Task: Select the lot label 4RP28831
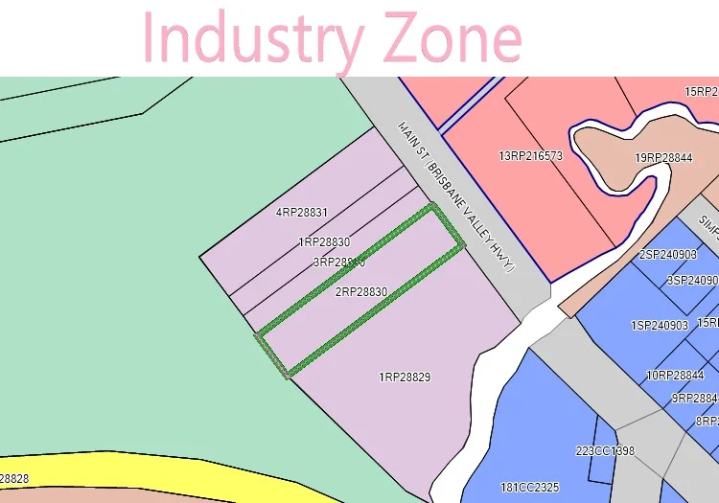302,213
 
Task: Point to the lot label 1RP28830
324,242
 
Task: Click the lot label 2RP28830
361,291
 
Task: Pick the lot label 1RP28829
405,377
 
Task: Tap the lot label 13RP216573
530,155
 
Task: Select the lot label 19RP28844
663,158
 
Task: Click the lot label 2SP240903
668,255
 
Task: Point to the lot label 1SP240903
660,326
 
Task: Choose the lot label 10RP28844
675,376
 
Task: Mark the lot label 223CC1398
605,451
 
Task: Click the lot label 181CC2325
530,488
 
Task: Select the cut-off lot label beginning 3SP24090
692,281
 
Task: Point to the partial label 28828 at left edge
14,478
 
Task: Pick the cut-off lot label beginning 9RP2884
694,399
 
